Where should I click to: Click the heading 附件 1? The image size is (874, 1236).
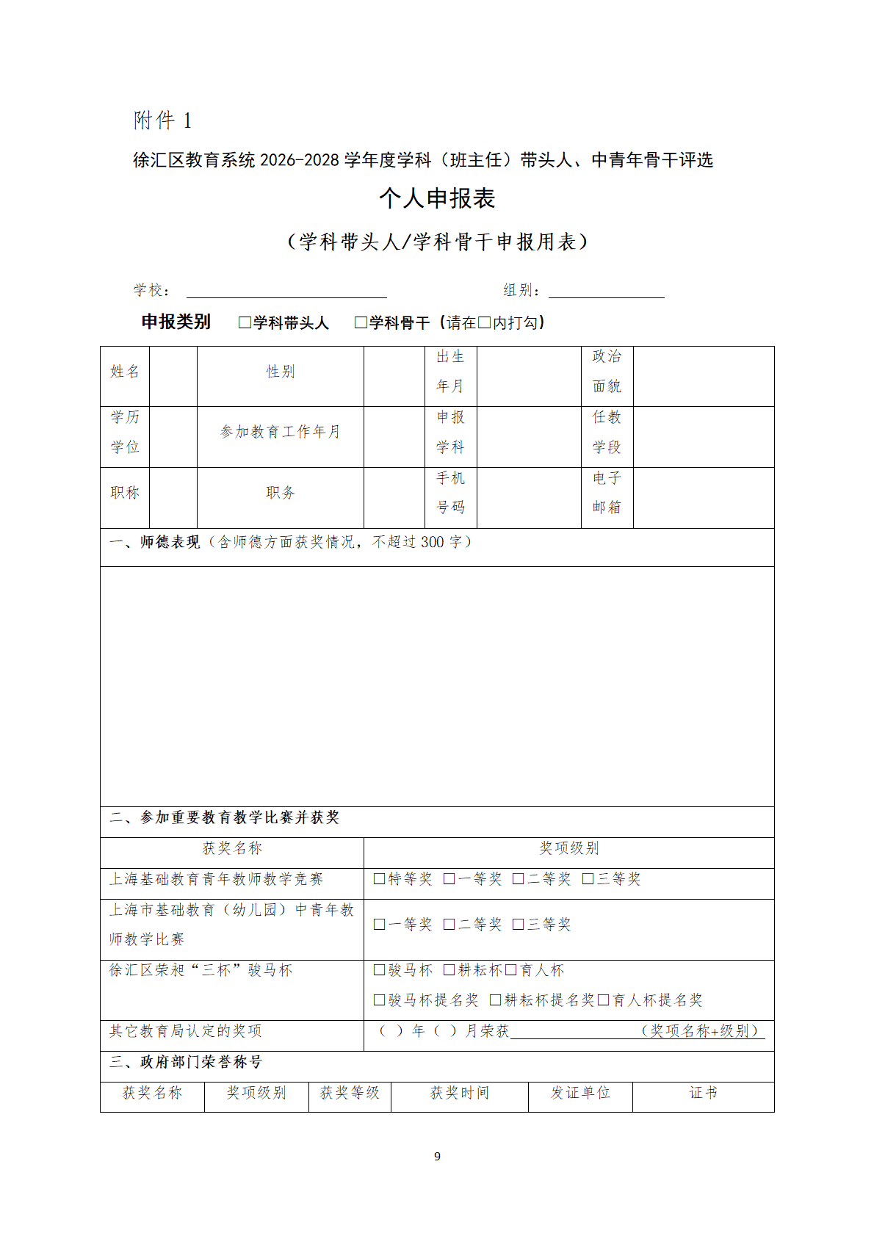pyautogui.click(x=162, y=120)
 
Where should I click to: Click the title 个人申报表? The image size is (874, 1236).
pyautogui.click(x=437, y=198)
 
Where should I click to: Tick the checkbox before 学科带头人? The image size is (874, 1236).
pyautogui.click(x=245, y=322)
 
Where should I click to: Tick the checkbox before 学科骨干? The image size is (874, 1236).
pyautogui.click(x=361, y=322)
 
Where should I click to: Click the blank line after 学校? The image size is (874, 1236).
pyautogui.click(x=286, y=291)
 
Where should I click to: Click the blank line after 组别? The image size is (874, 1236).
pyautogui.click(x=606, y=291)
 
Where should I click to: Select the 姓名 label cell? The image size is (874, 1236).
pyautogui.click(x=125, y=372)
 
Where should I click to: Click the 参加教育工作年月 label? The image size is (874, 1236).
pyautogui.click(x=280, y=432)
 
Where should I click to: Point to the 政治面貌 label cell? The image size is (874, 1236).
pyautogui.click(x=607, y=372)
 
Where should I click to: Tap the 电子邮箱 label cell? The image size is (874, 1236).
pyautogui.click(x=607, y=493)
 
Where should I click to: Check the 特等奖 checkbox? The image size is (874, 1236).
pyautogui.click(x=379, y=879)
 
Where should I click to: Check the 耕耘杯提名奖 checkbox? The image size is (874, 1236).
pyautogui.click(x=495, y=1000)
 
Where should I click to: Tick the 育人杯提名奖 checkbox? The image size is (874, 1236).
pyautogui.click(x=603, y=1000)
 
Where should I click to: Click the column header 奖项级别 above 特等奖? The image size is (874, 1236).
pyautogui.click(x=569, y=848)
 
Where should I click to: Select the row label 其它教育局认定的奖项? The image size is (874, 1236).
pyautogui.click(x=186, y=1031)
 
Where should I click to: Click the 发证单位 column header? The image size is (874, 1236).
pyautogui.click(x=580, y=1093)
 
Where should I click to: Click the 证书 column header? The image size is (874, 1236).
pyautogui.click(x=703, y=1093)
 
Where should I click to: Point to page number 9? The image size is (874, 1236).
pyautogui.click(x=437, y=1157)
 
